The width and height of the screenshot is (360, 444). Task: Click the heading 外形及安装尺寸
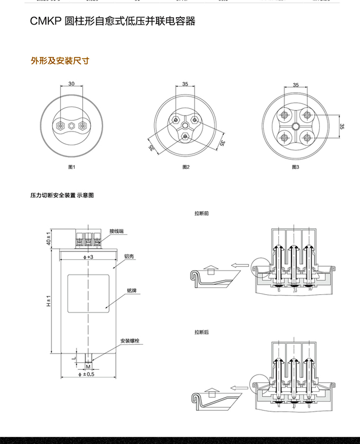point(60,61)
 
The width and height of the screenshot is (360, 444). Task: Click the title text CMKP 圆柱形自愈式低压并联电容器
point(113,22)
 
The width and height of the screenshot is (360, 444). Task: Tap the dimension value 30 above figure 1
point(71,84)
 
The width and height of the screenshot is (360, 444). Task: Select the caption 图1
point(72,167)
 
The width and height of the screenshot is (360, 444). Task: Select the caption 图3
point(296,167)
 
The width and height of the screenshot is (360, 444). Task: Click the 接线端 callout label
point(117,231)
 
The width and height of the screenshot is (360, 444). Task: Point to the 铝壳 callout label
point(129,256)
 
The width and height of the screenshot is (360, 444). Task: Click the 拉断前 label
point(202,214)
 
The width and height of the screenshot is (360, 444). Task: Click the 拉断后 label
point(202,332)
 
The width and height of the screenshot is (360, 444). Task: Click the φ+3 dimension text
point(88,257)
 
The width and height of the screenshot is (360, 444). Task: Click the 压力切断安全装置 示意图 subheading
point(62,196)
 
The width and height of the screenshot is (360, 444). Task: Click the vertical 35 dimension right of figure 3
point(342,127)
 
